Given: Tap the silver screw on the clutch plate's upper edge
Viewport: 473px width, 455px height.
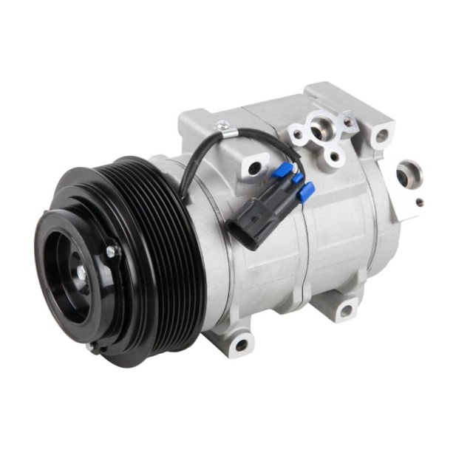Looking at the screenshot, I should coord(110,252).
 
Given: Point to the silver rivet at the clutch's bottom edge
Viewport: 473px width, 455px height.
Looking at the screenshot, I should coord(90,346).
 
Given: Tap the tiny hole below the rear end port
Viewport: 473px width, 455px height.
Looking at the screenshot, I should coord(420,201).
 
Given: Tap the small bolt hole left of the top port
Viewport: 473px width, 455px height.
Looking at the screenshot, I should coord(298,136).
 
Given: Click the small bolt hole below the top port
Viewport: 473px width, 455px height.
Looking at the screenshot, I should coord(334,155).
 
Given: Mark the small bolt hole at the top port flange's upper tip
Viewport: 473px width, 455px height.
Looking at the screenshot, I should coord(347,122).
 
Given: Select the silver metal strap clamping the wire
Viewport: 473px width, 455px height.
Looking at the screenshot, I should coord(225,132).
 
